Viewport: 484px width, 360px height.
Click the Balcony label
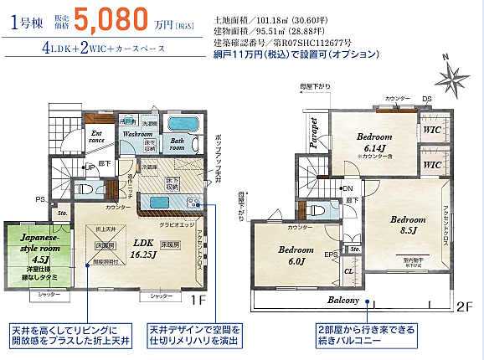343,300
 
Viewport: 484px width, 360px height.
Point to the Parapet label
315,132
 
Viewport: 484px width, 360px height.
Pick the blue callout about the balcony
366,335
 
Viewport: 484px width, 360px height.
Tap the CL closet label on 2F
348,270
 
